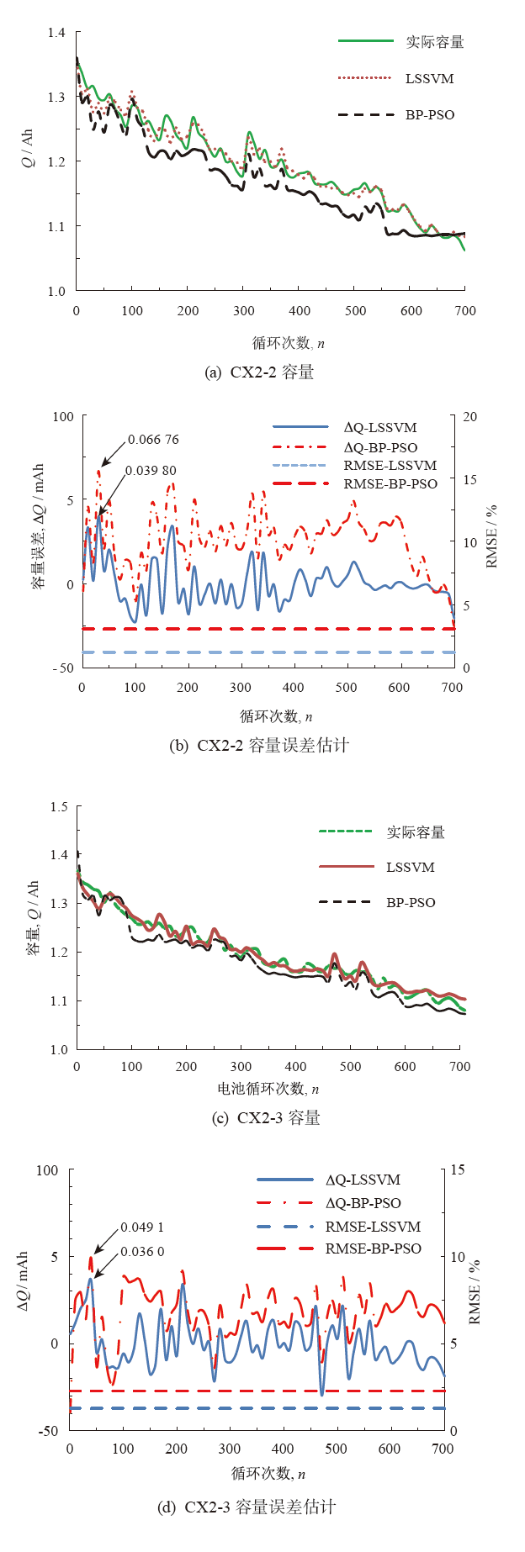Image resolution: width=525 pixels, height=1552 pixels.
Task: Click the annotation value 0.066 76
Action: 153,440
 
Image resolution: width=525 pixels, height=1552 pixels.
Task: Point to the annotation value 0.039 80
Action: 151,471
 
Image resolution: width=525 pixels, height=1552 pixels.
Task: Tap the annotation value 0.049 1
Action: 142,1227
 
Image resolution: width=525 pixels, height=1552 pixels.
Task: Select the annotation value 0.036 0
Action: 142,1252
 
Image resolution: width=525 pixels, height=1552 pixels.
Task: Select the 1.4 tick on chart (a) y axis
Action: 56,33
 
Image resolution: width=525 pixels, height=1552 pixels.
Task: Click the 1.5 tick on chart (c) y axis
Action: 59,807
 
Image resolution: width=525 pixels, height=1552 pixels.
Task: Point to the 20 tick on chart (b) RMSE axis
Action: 470,417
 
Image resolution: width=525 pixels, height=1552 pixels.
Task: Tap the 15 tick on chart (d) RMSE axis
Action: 458,1170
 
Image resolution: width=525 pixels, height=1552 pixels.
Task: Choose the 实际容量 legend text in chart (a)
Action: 434,42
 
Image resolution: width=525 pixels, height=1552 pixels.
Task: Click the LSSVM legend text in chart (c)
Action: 411,868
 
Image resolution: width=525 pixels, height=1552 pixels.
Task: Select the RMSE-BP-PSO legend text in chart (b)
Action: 390,484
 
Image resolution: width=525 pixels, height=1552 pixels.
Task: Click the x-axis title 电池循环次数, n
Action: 268,1089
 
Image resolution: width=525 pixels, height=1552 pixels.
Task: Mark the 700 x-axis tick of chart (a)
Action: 465,311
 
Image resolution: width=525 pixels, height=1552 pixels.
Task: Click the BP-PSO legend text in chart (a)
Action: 430,115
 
